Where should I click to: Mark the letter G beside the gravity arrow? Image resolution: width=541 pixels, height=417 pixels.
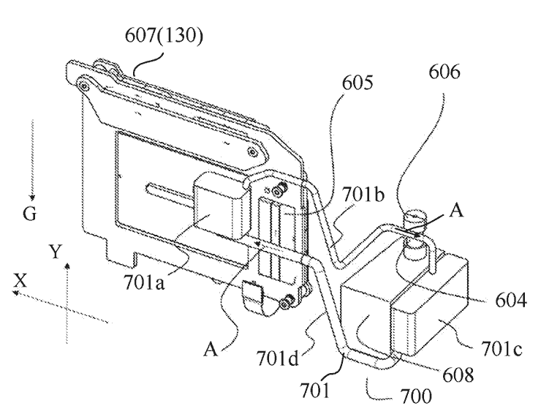[29, 215]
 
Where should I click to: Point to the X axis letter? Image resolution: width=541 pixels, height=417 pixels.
[21, 279]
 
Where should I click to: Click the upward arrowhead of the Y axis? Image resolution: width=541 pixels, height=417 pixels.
[67, 266]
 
